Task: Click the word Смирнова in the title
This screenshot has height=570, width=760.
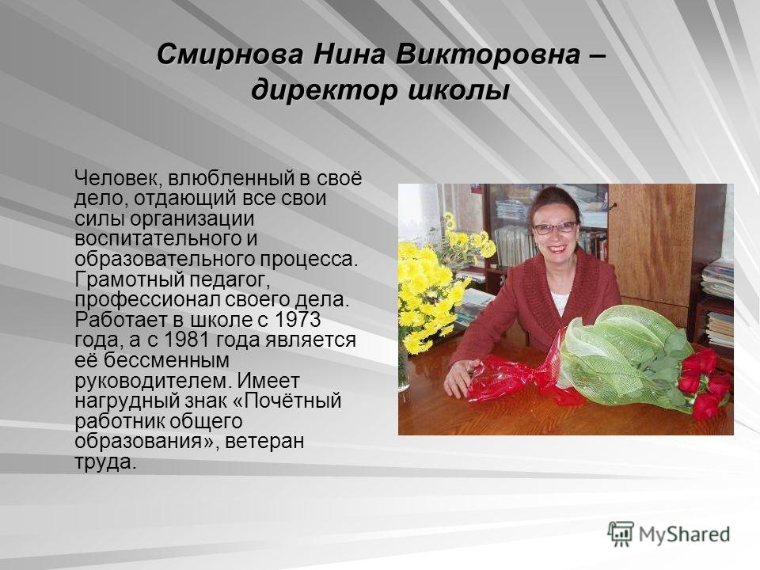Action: pos(230,54)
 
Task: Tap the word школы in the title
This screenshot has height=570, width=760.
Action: pos(458,90)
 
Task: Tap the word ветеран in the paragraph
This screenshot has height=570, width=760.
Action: pos(264,442)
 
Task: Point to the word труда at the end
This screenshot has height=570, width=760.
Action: pos(103,462)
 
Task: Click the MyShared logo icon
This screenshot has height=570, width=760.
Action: pos(621,534)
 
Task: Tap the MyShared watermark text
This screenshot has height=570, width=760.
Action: pos(684,535)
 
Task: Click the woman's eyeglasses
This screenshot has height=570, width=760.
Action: pos(556,227)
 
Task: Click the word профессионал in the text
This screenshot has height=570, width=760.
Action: pos(146,300)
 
